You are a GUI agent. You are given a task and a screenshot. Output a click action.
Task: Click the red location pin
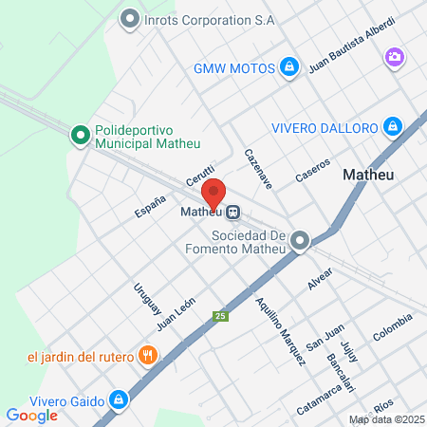[x=214, y=193]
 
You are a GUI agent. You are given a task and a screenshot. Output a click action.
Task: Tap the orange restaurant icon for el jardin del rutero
[x=148, y=356]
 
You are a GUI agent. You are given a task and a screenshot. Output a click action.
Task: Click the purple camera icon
[x=393, y=58]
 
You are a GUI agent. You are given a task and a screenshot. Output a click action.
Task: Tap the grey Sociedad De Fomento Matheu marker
[x=301, y=241]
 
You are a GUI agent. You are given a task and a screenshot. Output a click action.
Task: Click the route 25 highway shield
[x=220, y=316]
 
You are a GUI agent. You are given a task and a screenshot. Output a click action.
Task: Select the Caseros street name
[x=312, y=170]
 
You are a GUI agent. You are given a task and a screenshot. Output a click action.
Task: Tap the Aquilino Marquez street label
[x=281, y=330]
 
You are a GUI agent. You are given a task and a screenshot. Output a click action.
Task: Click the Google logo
[x=31, y=415]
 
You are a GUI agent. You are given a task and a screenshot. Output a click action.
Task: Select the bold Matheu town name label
[x=366, y=175]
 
